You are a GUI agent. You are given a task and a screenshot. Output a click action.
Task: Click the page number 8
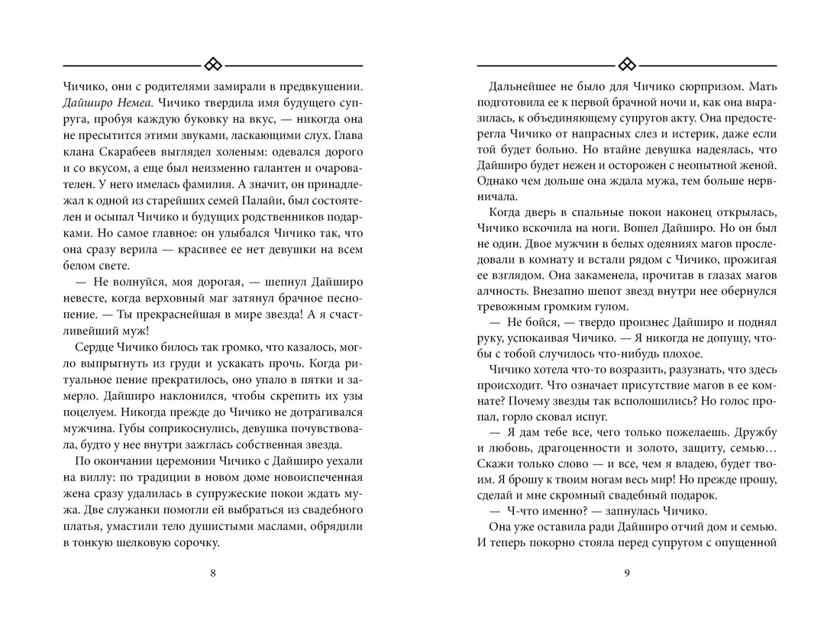point(212,575)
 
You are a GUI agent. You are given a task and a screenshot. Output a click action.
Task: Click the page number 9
point(626,575)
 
